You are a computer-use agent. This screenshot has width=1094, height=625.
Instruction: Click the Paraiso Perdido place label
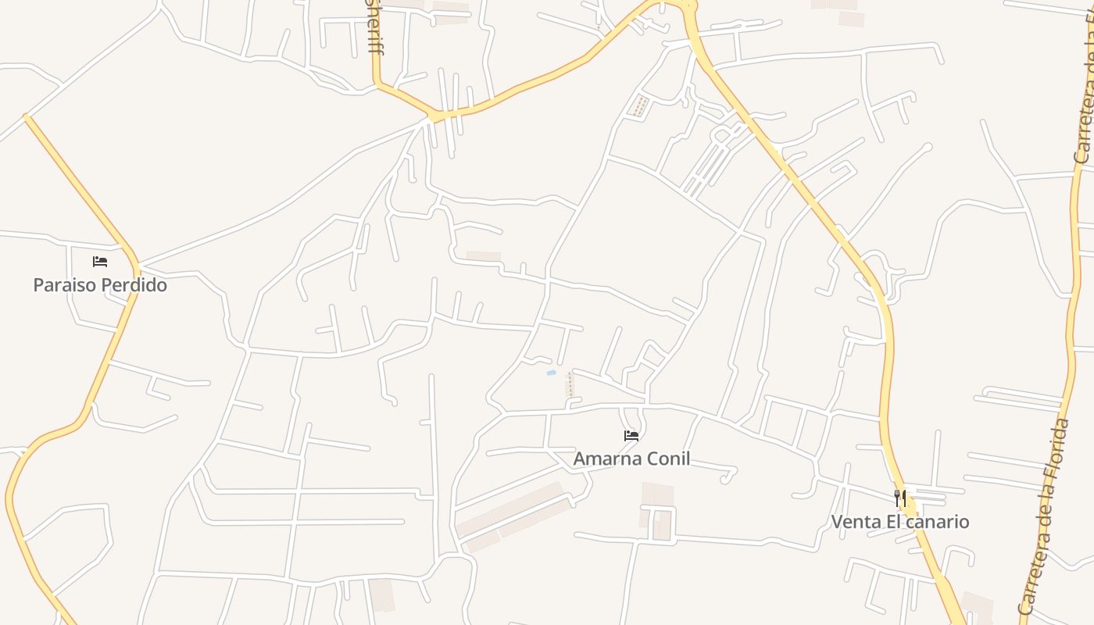click(x=100, y=285)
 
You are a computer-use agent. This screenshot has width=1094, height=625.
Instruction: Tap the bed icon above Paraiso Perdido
click(x=100, y=262)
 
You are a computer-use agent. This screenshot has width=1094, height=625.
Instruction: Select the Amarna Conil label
click(x=631, y=459)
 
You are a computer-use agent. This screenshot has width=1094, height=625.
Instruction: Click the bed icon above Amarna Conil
click(x=631, y=436)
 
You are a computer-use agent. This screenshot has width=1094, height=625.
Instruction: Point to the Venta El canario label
click(x=900, y=521)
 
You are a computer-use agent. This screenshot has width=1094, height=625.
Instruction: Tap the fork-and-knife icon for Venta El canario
click(x=900, y=498)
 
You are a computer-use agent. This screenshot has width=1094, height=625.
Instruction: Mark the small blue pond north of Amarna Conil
click(x=551, y=373)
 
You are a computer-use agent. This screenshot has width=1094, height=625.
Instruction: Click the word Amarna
click(x=603, y=459)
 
